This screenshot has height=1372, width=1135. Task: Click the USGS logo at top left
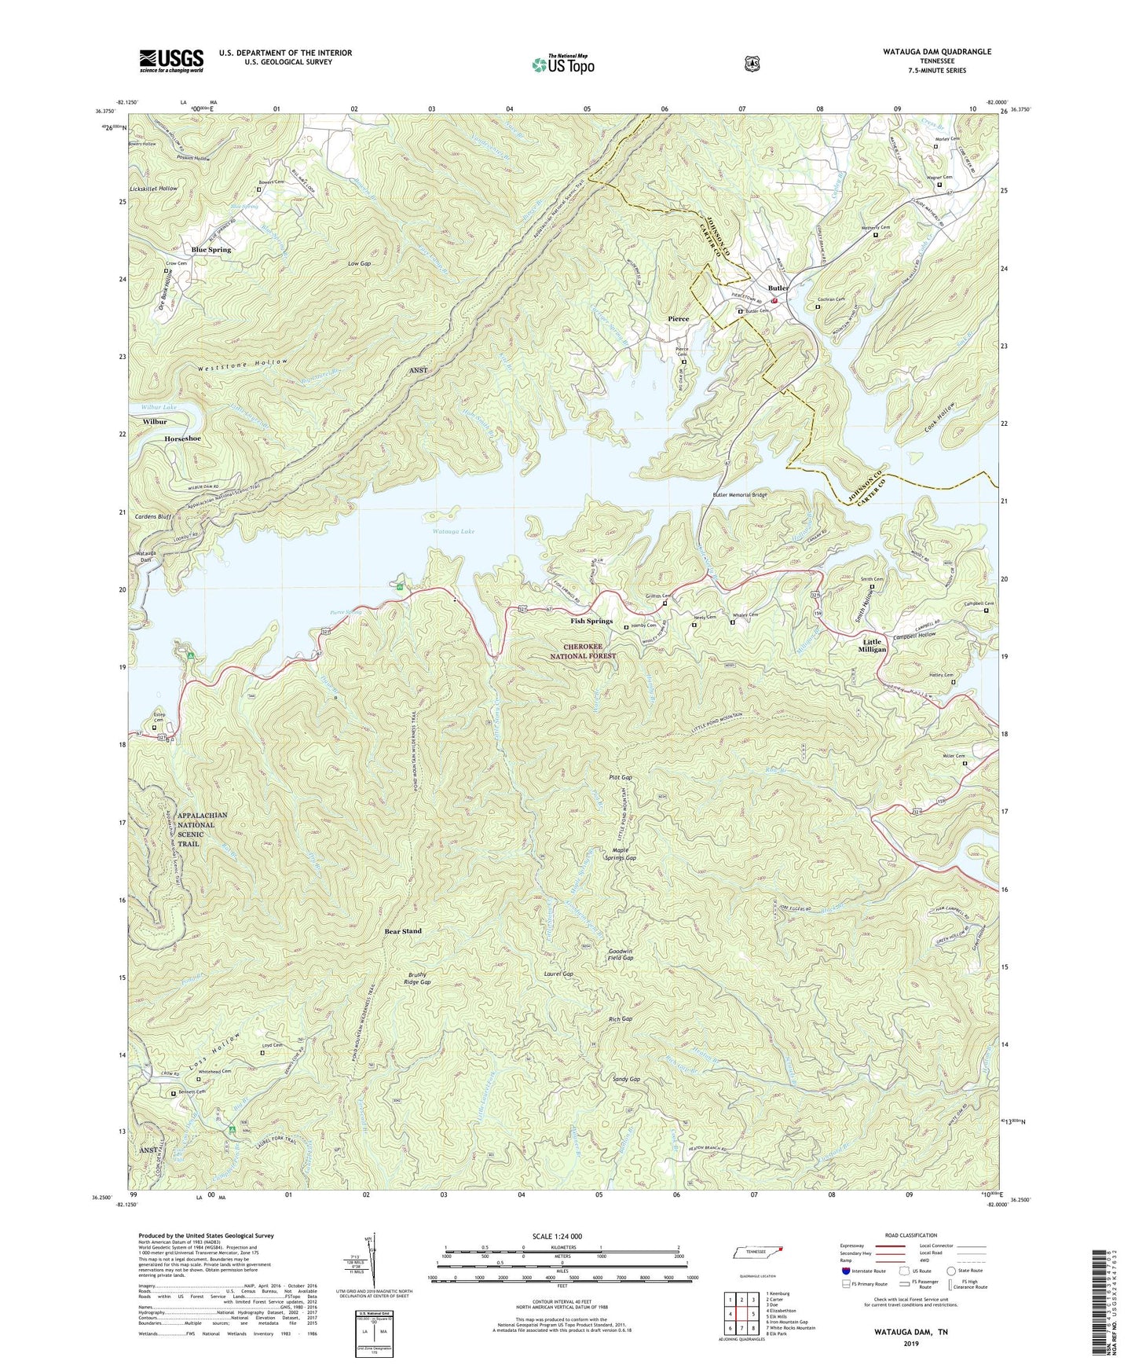pyautogui.click(x=171, y=60)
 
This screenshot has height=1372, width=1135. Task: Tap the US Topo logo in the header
pyautogui.click(x=562, y=64)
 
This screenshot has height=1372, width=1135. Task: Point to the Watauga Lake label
pyautogui.click(x=453, y=532)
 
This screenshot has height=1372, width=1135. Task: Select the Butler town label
pyautogui.click(x=778, y=288)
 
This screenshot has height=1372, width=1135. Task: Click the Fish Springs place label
pyautogui.click(x=591, y=621)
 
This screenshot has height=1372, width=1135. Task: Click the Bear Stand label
pyautogui.click(x=403, y=931)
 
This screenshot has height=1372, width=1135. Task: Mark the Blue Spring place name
pyautogui.click(x=211, y=250)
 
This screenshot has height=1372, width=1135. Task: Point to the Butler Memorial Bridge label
pyautogui.click(x=739, y=495)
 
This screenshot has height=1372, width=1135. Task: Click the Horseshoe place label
pyautogui.click(x=182, y=439)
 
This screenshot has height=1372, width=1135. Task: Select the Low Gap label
pyautogui.click(x=359, y=264)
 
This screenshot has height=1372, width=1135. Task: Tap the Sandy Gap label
pyautogui.click(x=626, y=1080)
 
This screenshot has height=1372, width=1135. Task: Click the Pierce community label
pyautogui.click(x=678, y=319)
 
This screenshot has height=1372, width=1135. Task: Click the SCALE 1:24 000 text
pyautogui.click(x=557, y=1237)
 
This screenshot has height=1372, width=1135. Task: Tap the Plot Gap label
pyautogui.click(x=620, y=778)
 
